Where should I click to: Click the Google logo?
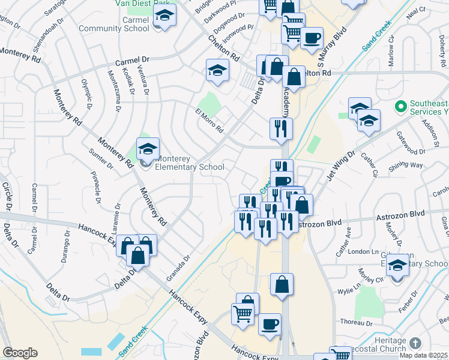pos(20,353)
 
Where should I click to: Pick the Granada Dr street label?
pos(178,263)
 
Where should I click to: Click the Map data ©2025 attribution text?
pos(423,355)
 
